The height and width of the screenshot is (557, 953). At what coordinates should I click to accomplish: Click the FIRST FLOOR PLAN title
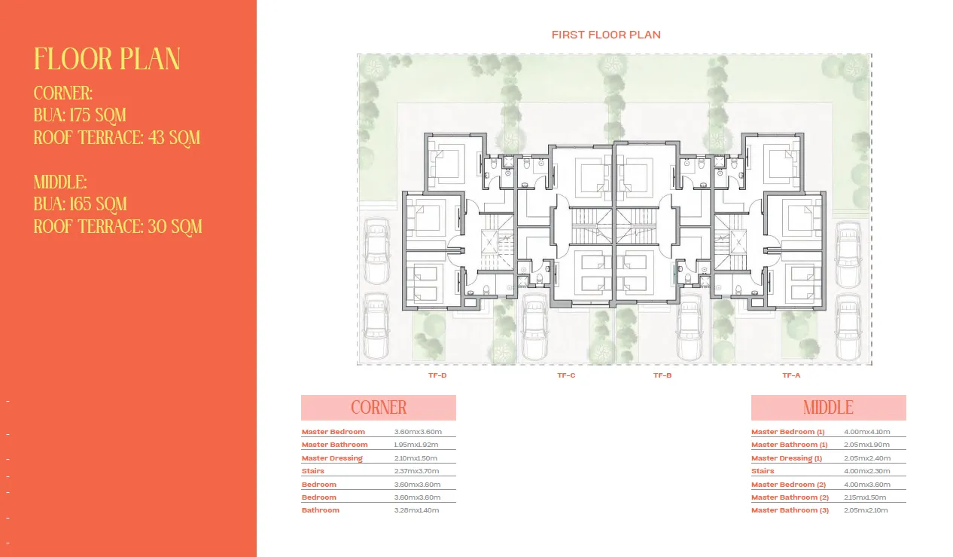point(606,35)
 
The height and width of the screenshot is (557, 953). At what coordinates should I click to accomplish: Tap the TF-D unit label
point(437,375)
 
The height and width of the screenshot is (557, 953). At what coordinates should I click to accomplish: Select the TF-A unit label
point(791,375)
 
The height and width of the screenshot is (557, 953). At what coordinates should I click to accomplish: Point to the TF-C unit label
point(566,375)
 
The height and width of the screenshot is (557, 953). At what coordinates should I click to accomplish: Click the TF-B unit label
point(662,375)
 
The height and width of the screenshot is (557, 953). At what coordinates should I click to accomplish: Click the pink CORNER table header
point(379,408)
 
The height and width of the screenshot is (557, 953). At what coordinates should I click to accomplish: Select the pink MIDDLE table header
point(828,408)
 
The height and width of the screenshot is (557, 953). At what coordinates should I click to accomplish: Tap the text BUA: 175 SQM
point(80,115)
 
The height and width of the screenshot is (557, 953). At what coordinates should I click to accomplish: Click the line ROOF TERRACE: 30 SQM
point(118,226)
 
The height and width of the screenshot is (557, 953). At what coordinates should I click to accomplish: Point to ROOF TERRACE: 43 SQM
point(117,138)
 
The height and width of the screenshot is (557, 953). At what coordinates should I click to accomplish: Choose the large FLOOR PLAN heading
point(107,60)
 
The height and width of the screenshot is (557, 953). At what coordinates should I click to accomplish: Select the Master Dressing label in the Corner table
point(332,458)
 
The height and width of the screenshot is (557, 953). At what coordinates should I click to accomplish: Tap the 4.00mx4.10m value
point(867,432)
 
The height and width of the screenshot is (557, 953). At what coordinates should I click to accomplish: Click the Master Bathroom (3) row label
point(790,510)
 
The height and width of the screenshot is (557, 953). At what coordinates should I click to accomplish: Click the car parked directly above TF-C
point(535,329)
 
